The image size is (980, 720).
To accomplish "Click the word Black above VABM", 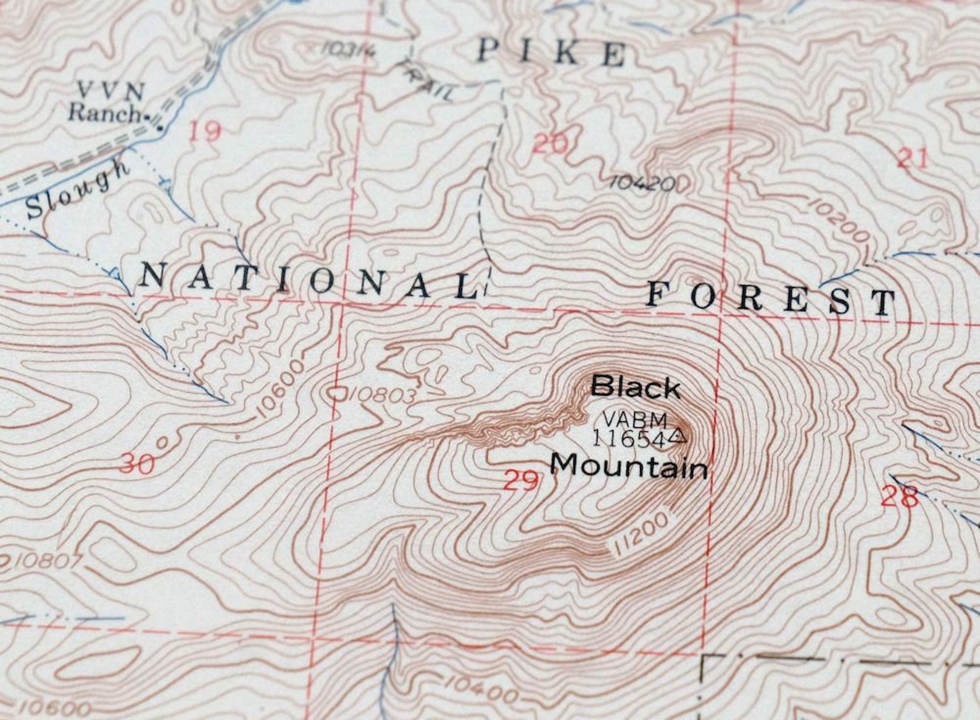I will click(x=636, y=389).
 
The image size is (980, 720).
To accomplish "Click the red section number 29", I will click(x=521, y=480).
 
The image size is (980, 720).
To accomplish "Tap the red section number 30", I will click(x=137, y=463).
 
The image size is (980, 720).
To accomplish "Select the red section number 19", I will click(x=205, y=131).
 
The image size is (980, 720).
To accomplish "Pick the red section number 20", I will click(x=549, y=144).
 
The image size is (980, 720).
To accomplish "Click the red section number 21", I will click(x=913, y=159).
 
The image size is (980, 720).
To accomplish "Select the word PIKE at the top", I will click(x=551, y=53).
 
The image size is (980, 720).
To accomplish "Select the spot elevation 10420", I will click(x=642, y=183).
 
